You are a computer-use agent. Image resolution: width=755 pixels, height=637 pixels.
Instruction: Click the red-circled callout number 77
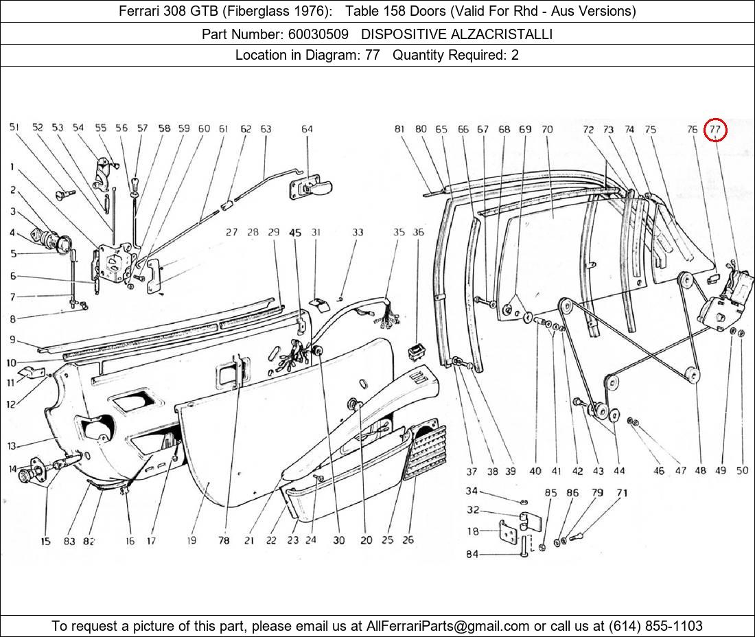pos(715,129)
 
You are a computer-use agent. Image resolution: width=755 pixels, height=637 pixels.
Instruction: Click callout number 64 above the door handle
pos(307,129)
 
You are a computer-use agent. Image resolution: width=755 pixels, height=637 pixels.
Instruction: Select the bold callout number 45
pos(295,233)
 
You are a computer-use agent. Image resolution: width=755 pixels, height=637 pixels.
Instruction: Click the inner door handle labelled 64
pos(312,185)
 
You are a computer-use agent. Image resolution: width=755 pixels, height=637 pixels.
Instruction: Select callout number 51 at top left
pos(14,128)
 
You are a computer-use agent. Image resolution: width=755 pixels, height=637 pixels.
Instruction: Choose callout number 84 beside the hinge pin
pos(472,555)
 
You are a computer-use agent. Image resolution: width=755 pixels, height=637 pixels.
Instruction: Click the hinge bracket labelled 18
pos(509,531)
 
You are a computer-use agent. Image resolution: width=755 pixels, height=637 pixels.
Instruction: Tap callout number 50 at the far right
pos(741,470)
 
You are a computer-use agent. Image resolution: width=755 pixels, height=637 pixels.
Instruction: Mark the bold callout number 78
pos(224,540)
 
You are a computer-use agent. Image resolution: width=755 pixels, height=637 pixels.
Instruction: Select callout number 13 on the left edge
pos(12,446)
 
